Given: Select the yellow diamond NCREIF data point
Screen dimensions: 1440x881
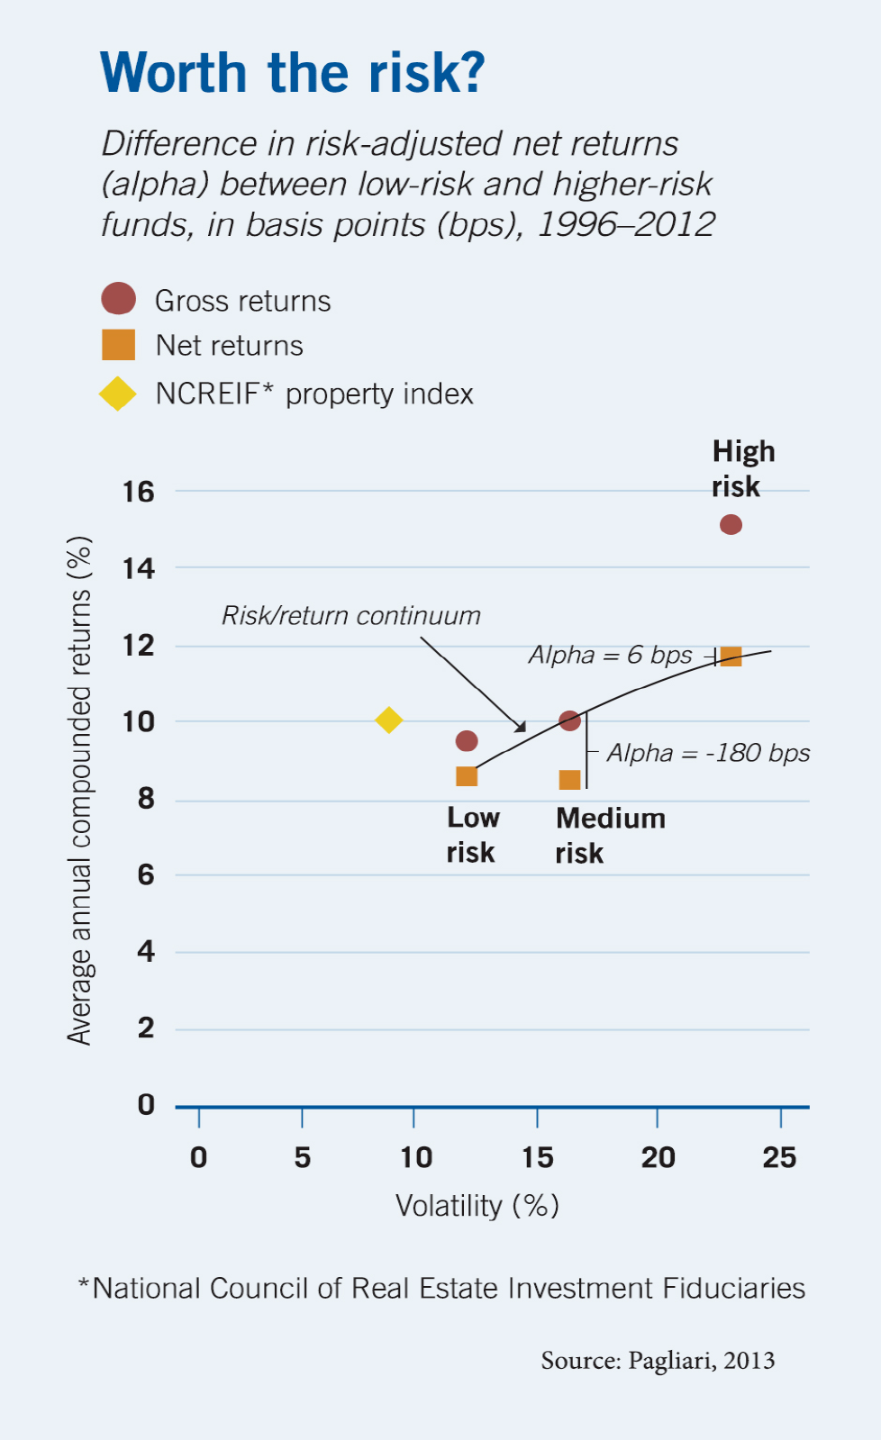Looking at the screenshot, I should [x=388, y=720].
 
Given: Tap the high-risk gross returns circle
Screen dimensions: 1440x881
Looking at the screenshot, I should [x=731, y=524].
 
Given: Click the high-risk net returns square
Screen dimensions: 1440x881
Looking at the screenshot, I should [x=731, y=656].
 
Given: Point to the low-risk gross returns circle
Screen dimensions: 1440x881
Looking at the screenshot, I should [x=467, y=741].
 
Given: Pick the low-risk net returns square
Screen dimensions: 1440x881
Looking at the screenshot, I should [x=467, y=776].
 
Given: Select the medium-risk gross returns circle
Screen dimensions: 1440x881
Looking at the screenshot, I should [x=569, y=720].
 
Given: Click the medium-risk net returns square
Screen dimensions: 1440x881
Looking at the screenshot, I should [x=569, y=780].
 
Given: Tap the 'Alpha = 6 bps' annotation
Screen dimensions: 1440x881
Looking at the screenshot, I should [x=610, y=655].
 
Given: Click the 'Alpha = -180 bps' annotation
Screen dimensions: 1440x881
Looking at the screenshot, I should [x=708, y=753].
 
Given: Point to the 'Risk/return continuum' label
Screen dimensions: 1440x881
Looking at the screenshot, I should [x=351, y=616].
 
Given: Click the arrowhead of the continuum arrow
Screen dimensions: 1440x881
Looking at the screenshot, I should [x=520, y=726].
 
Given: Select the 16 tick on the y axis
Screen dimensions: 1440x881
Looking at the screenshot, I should [x=139, y=492].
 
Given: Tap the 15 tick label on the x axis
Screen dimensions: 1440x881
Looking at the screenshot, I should [x=538, y=1157].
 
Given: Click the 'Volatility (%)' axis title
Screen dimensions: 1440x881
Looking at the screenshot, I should [x=477, y=1205].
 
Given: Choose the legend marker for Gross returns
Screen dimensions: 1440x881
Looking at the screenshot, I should [x=118, y=299].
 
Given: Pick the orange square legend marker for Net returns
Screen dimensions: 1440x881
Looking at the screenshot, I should [x=118, y=345].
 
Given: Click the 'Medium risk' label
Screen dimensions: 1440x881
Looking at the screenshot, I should [x=610, y=835].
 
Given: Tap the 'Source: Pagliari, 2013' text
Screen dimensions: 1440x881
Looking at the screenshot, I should [x=658, y=1360].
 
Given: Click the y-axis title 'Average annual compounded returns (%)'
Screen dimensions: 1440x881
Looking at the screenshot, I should [x=79, y=790].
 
